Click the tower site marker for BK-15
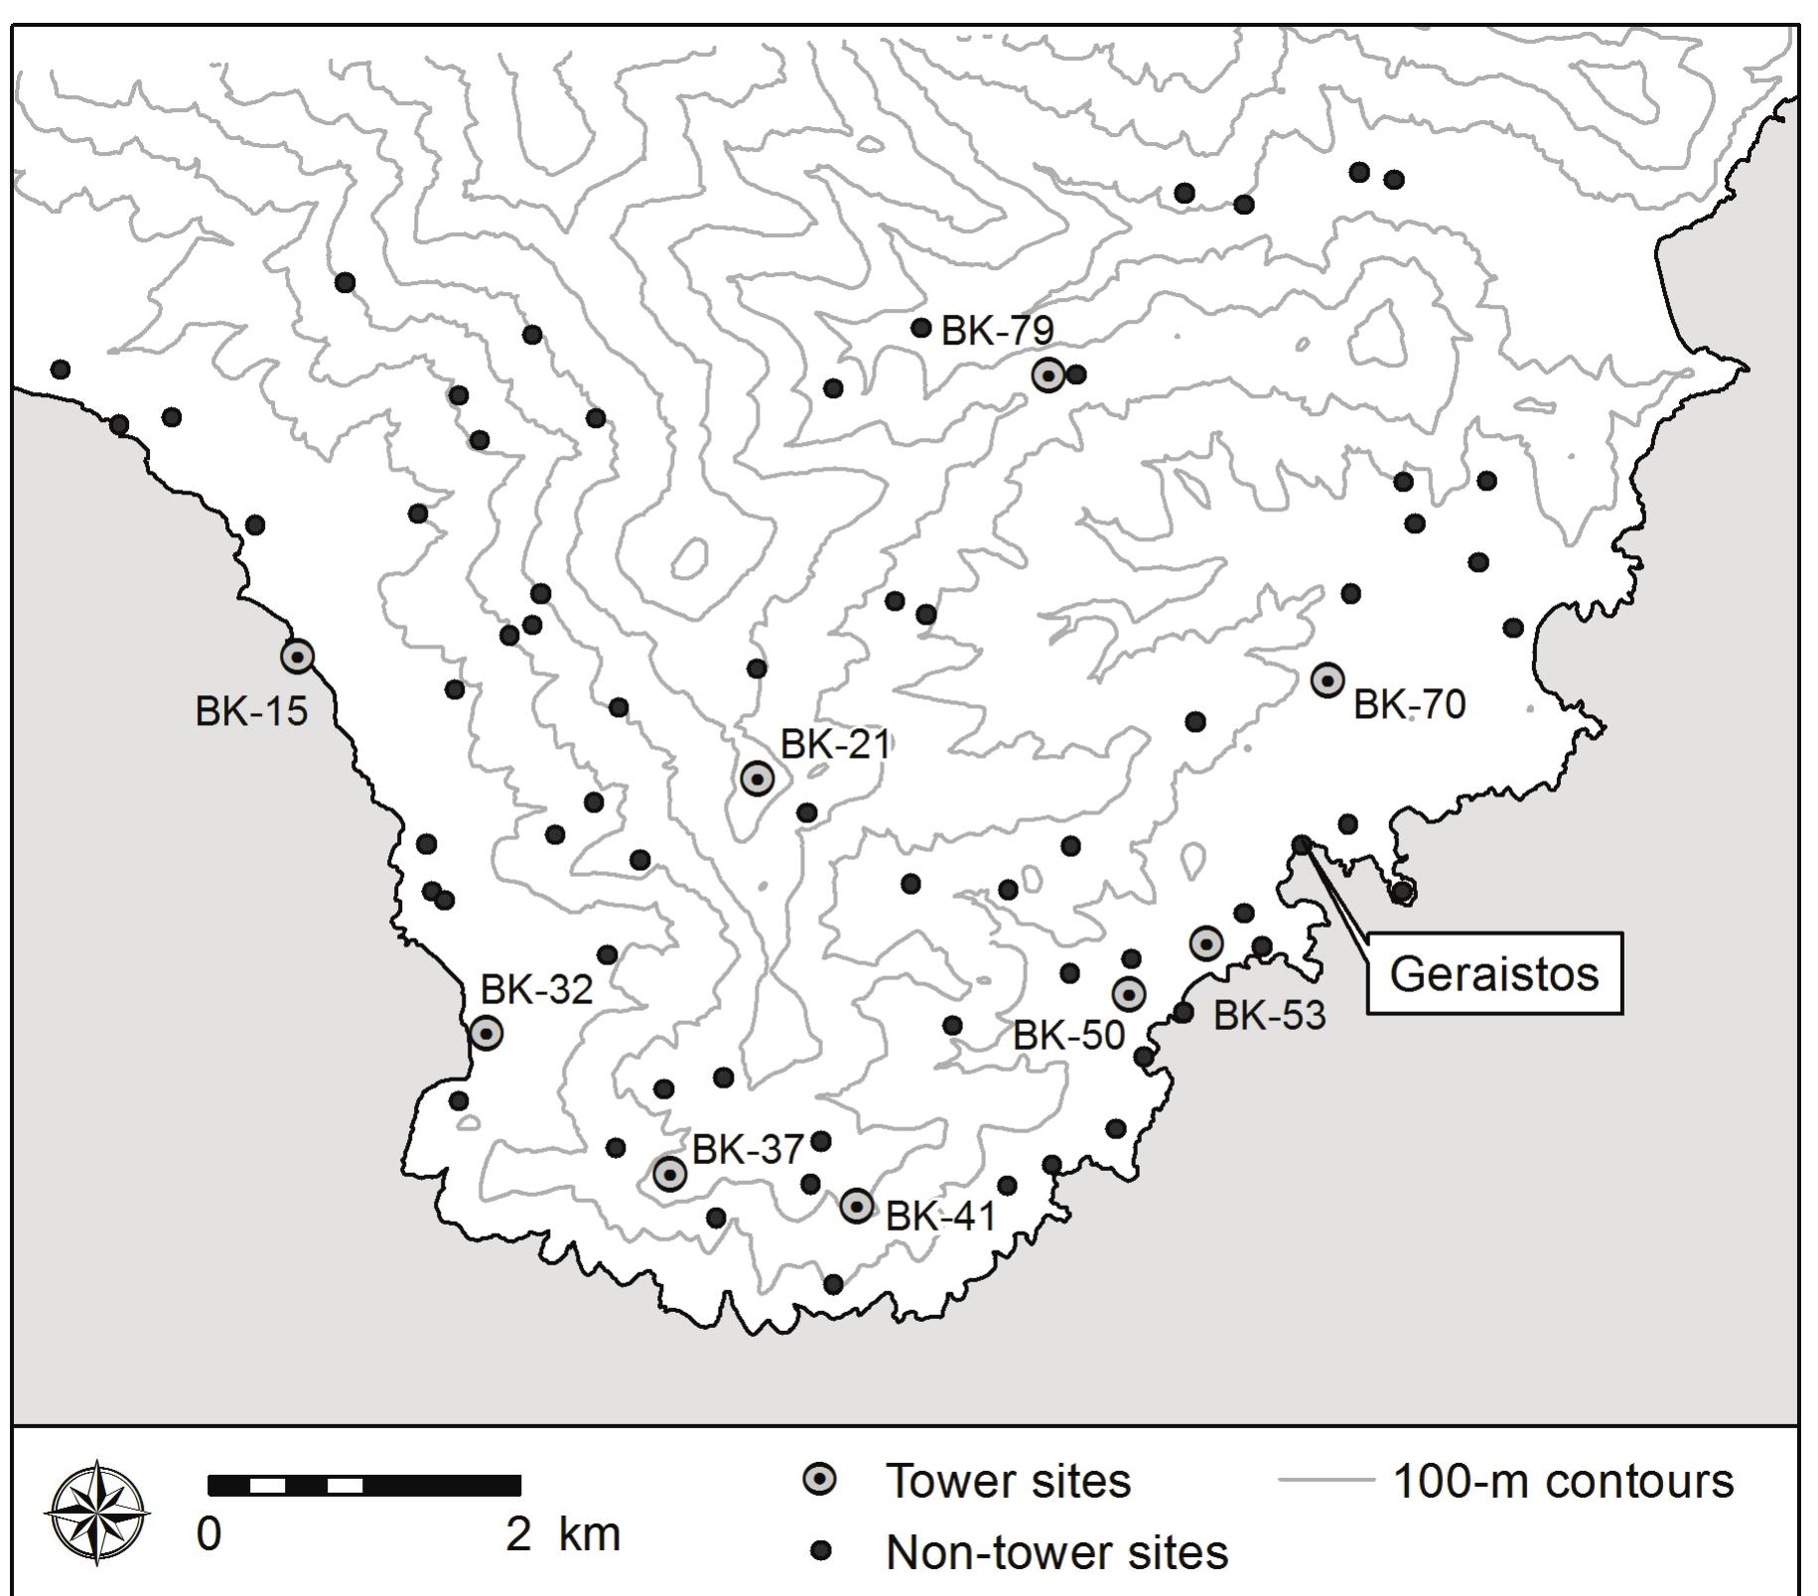click(297, 655)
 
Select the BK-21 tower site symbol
click(758, 779)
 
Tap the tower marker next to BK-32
click(486, 1033)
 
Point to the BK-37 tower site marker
click(670, 1174)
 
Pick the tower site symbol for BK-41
click(857, 1206)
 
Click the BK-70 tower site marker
click(1328, 680)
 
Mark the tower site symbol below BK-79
click(1049, 375)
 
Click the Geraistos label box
click(1494, 973)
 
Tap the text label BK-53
click(1269, 1016)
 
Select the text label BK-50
click(1068, 1036)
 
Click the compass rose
click(97, 1513)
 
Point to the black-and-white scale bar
click(364, 1486)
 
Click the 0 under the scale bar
click(209, 1534)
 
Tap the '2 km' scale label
click(562, 1534)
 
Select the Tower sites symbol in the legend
click(820, 1480)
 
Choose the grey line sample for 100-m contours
click(1326, 1481)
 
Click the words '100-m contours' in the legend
click(1564, 1481)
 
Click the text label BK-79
click(997, 331)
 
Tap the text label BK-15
click(251, 711)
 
